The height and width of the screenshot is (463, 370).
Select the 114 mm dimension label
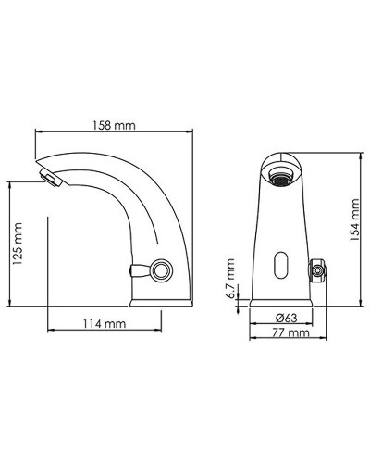coord(103,325)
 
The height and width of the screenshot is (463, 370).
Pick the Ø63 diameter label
coord(285,318)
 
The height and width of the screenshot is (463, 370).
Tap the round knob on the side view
coord(163,271)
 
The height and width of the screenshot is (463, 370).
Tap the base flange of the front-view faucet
coord(282,302)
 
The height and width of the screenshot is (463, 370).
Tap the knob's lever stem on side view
coord(140,271)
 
